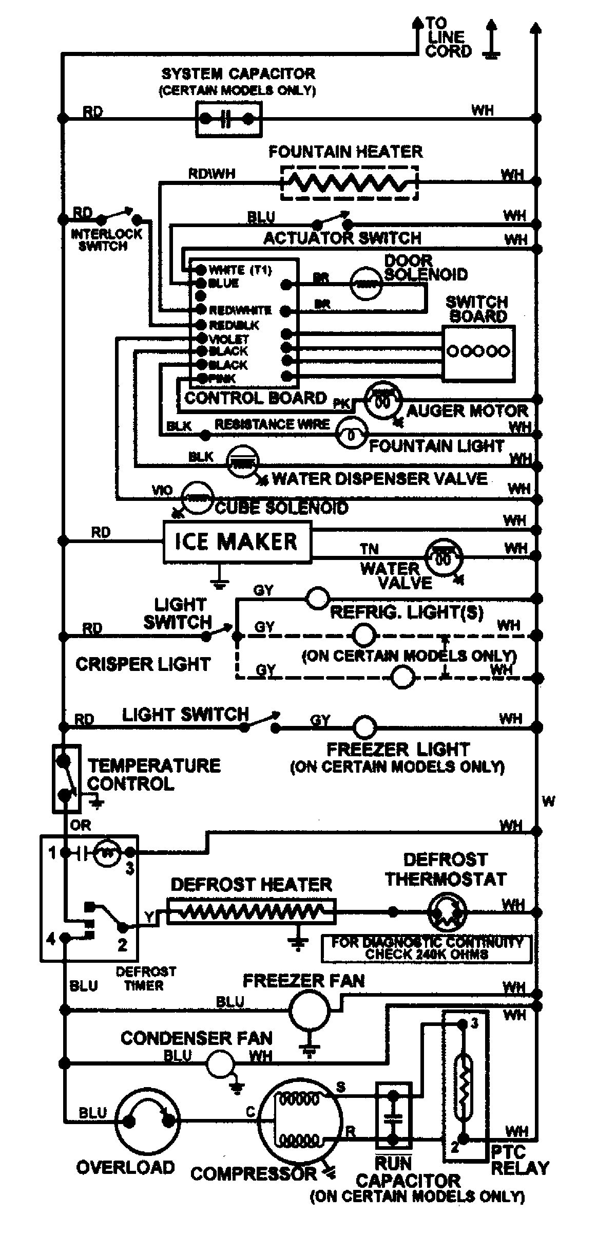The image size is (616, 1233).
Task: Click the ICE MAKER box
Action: click(x=237, y=542)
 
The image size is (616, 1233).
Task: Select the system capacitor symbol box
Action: click(x=228, y=119)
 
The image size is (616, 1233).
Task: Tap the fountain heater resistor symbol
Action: click(x=349, y=182)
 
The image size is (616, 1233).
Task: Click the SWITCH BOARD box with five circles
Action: click(x=478, y=353)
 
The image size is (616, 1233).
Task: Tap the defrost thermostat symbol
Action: click(x=447, y=912)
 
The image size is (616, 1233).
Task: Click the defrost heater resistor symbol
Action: click(x=252, y=912)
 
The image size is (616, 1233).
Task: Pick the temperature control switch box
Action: click(x=66, y=778)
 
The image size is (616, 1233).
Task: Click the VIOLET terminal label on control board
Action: click(x=228, y=339)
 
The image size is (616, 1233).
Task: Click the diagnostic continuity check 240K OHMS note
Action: click(x=426, y=948)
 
